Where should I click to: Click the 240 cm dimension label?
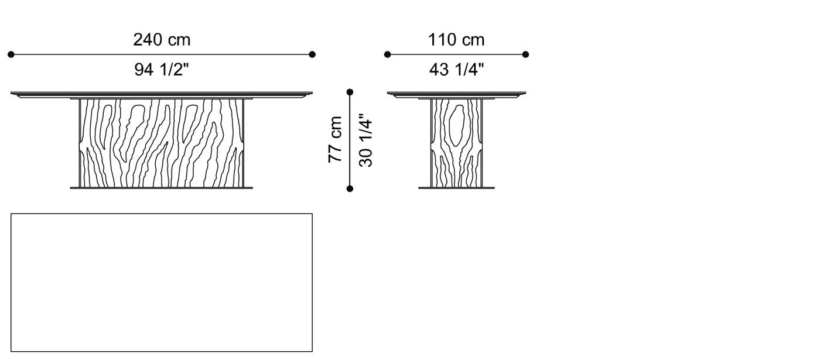162,40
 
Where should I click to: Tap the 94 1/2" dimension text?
162,70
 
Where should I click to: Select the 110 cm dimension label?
456,40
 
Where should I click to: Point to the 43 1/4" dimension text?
456,70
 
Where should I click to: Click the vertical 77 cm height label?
335,140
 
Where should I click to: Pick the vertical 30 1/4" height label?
366,140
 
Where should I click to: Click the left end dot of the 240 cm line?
11,54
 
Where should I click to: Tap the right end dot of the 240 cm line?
312,54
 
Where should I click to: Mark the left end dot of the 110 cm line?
387,54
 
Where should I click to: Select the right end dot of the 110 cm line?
525,54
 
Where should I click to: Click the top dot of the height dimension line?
350,92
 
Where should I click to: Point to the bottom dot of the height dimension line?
350,188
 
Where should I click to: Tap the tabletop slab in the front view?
162,94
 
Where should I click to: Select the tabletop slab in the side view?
456,94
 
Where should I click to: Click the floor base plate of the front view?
162,188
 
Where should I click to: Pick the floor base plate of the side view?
456,188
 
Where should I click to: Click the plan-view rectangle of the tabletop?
162,282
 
